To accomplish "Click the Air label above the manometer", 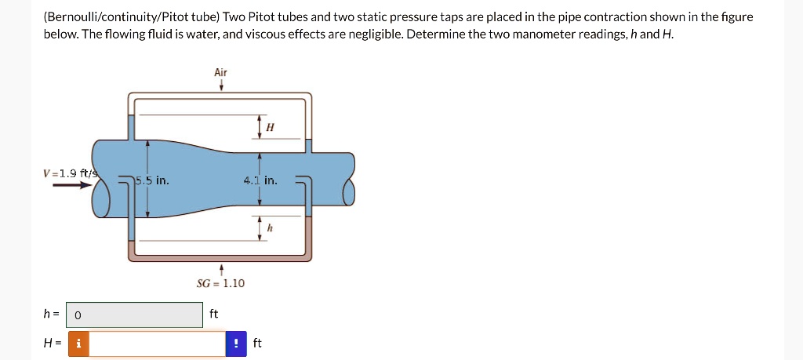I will (220, 72).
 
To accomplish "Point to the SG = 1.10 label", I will (220, 283).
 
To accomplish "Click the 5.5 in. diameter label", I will (152, 181).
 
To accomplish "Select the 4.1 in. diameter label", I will (260, 181).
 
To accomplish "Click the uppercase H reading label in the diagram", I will (270, 127).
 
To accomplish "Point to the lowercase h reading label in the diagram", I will (270, 228).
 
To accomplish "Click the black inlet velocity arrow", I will (67, 186).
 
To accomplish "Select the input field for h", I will (134, 315).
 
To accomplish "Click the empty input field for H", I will (157, 344).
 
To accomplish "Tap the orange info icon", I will (78, 344).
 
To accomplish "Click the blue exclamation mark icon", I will (236, 344).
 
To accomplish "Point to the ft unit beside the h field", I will (214, 314).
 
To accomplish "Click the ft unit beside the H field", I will (257, 344).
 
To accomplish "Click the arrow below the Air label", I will (221, 85).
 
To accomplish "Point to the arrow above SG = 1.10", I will (221, 270).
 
